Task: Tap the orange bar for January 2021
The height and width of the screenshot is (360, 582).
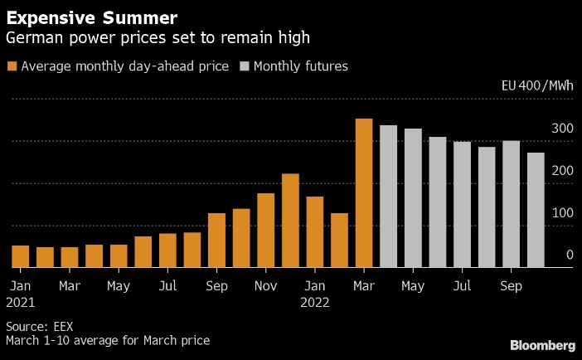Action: point(21,256)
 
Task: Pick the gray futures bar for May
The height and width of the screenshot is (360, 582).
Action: point(413,198)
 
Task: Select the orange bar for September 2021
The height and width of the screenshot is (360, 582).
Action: point(216,241)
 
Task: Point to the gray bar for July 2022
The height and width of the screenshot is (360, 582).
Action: point(462,205)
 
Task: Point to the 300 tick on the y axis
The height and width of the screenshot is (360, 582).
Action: point(563,129)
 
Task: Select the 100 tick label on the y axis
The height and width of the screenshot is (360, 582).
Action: point(563,213)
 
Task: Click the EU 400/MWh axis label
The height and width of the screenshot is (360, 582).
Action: point(537,85)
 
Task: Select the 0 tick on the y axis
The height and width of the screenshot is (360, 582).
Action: point(570,255)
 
